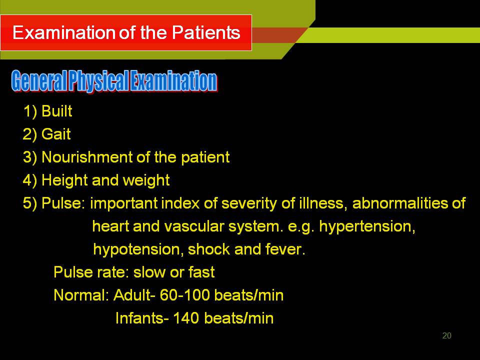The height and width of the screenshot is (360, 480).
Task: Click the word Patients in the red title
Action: pyautogui.click(x=206, y=32)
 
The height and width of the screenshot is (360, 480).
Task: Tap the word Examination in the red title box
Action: pyautogui.click(x=64, y=32)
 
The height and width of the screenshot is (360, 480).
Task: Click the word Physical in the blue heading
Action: pyautogui.click(x=98, y=81)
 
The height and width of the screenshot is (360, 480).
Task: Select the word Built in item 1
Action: pyautogui.click(x=57, y=111)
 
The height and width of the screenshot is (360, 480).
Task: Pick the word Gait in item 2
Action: pyautogui.click(x=56, y=134)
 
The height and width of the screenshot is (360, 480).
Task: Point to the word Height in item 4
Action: pyautogui.click(x=64, y=180)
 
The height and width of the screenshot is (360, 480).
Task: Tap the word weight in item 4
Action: pyautogui.click(x=146, y=180)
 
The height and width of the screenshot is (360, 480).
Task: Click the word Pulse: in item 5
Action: pyautogui.click(x=63, y=203)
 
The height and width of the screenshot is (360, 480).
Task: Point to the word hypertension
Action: pyautogui.click(x=367, y=227)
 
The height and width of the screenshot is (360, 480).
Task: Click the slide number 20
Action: pyautogui.click(x=446, y=336)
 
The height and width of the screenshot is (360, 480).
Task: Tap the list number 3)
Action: pyautogui.click(x=30, y=157)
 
